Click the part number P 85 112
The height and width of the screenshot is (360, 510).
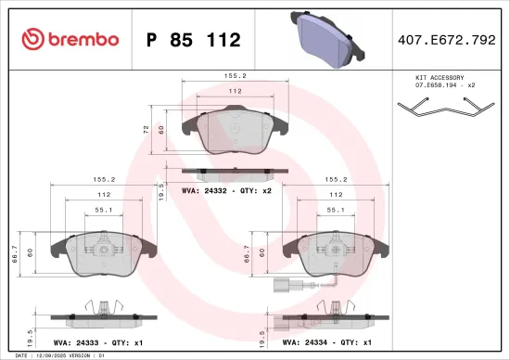click(x=194, y=40)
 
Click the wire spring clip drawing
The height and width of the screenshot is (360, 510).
click(x=441, y=110)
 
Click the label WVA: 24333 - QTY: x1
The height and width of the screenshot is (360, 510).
click(x=93, y=343)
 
